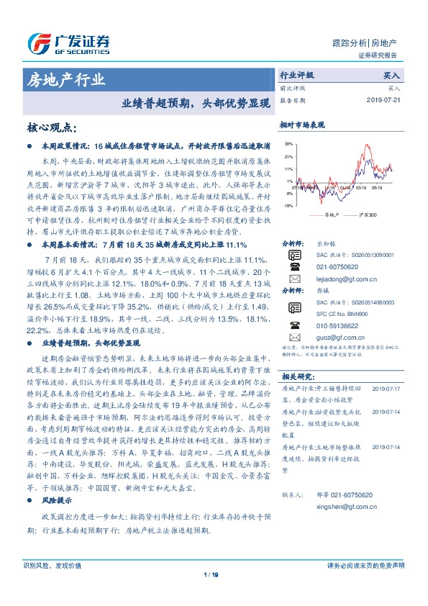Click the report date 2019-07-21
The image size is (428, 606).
click(x=386, y=101)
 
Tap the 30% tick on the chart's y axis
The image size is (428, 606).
click(x=288, y=144)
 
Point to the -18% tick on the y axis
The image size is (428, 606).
click(x=288, y=206)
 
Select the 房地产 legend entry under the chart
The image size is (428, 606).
click(x=331, y=214)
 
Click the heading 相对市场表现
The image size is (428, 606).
click(x=301, y=125)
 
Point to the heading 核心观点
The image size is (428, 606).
click(x=51, y=127)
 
